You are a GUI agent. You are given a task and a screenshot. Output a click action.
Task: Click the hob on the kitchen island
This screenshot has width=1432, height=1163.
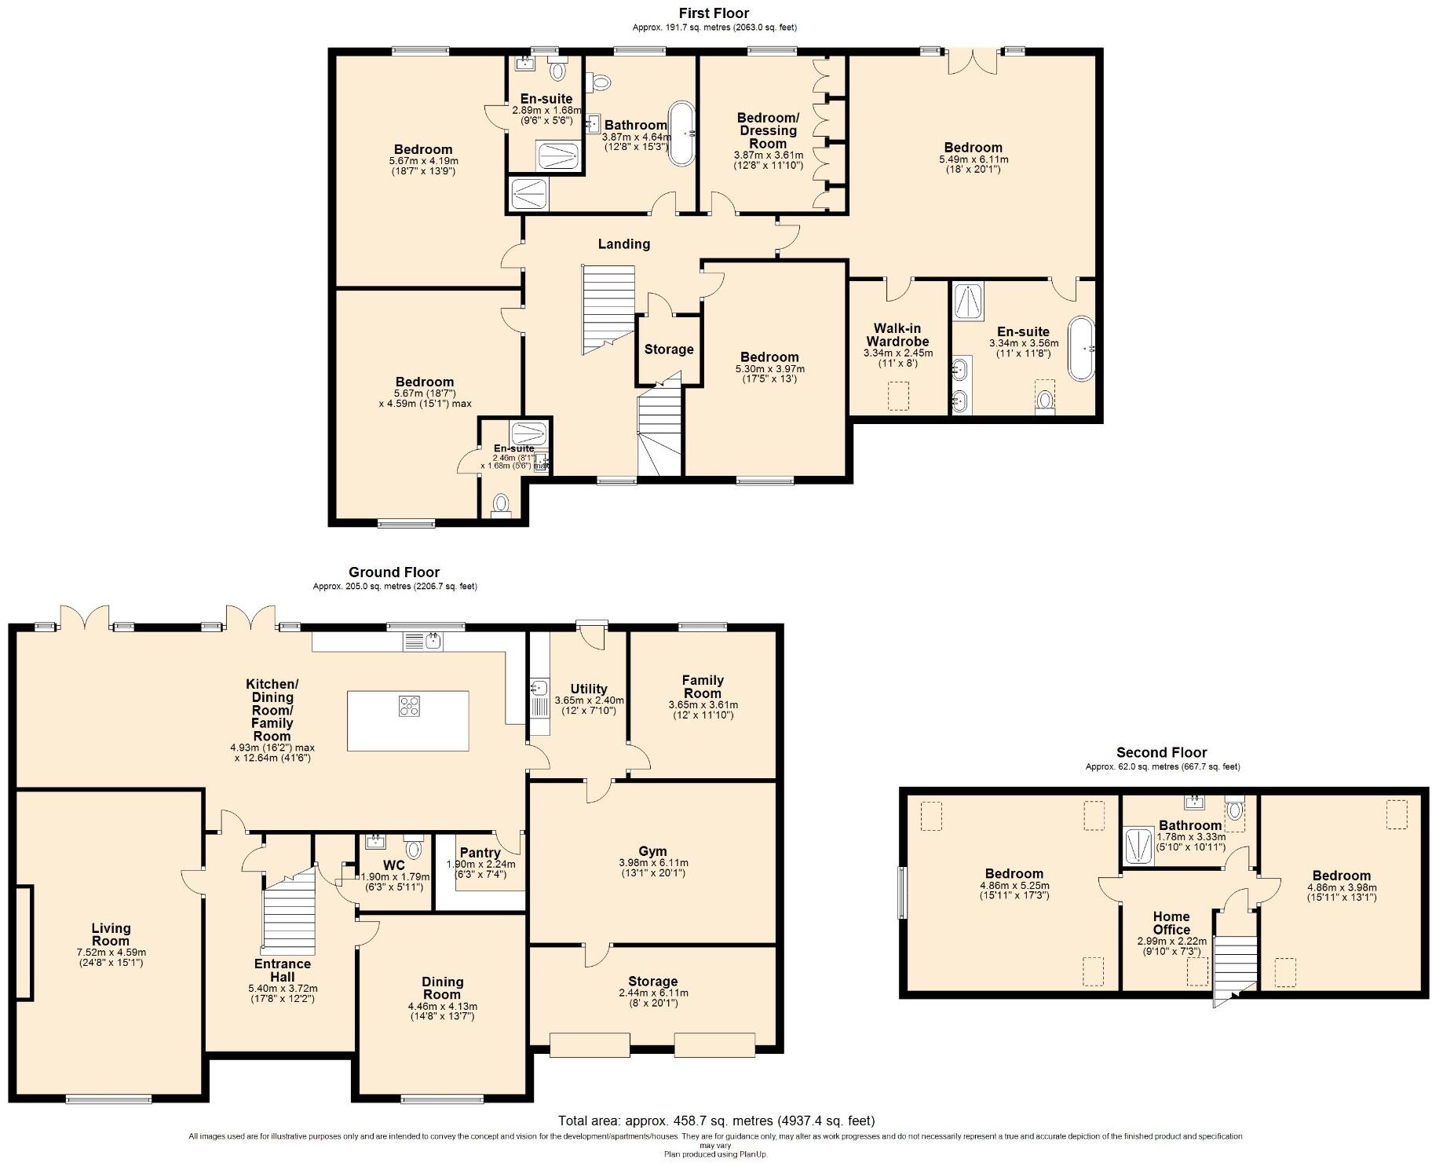click(409, 706)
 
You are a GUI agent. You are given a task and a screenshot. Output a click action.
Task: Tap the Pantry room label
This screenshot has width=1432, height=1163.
click(480, 853)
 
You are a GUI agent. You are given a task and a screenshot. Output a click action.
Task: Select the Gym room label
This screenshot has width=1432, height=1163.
click(652, 851)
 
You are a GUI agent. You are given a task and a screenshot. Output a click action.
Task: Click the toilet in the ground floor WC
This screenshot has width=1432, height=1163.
click(414, 848)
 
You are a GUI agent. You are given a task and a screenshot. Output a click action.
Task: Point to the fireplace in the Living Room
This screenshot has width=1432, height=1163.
click(24, 942)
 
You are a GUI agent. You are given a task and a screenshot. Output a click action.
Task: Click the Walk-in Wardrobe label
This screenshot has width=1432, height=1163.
click(897, 335)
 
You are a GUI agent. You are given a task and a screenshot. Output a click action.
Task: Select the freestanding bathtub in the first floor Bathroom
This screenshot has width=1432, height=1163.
click(681, 133)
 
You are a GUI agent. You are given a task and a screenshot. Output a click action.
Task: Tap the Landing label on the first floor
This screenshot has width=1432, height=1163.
click(624, 244)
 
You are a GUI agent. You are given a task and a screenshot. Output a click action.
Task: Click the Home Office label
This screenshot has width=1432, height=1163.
click(1171, 923)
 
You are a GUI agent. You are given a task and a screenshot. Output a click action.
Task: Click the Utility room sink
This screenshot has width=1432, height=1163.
click(539, 689)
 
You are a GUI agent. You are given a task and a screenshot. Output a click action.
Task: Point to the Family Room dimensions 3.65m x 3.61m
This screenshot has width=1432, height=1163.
click(703, 705)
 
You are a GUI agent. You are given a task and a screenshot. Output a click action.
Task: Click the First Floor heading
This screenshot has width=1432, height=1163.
click(714, 13)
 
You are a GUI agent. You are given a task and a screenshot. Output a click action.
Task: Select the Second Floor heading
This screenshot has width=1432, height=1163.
click(1162, 752)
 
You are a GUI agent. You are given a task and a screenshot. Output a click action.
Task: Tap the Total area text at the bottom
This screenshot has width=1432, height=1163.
click(716, 1121)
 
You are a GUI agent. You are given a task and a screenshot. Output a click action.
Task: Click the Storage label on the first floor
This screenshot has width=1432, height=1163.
click(669, 349)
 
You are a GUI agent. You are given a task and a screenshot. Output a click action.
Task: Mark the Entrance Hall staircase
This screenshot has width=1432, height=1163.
click(288, 911)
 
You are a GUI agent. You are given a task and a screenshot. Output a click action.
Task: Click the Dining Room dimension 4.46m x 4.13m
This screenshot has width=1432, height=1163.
click(442, 1006)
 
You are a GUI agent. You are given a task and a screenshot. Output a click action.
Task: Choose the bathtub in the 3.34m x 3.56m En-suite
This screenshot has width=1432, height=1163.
click(1081, 349)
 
